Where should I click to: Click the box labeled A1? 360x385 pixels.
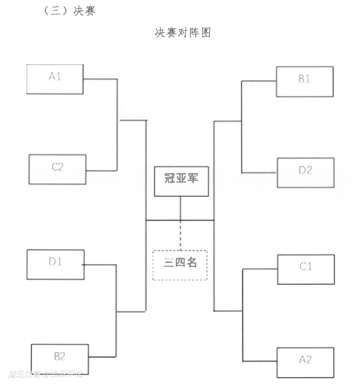[55, 79]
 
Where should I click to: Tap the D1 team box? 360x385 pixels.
[56, 264]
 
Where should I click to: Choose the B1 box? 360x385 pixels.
[304, 81]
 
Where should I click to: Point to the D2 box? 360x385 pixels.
[305, 172]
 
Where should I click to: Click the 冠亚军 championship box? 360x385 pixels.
[181, 180]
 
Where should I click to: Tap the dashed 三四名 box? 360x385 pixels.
[180, 265]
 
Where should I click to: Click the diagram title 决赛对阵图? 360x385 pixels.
[183, 33]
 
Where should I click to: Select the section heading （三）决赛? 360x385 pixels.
[69, 12]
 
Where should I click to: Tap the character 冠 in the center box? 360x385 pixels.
[170, 178]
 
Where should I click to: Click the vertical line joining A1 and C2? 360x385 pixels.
[117, 125]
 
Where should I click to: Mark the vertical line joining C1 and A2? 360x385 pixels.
[242, 314]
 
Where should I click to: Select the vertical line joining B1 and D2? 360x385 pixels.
[241, 127]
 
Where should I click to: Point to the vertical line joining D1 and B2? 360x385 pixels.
[116, 311]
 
